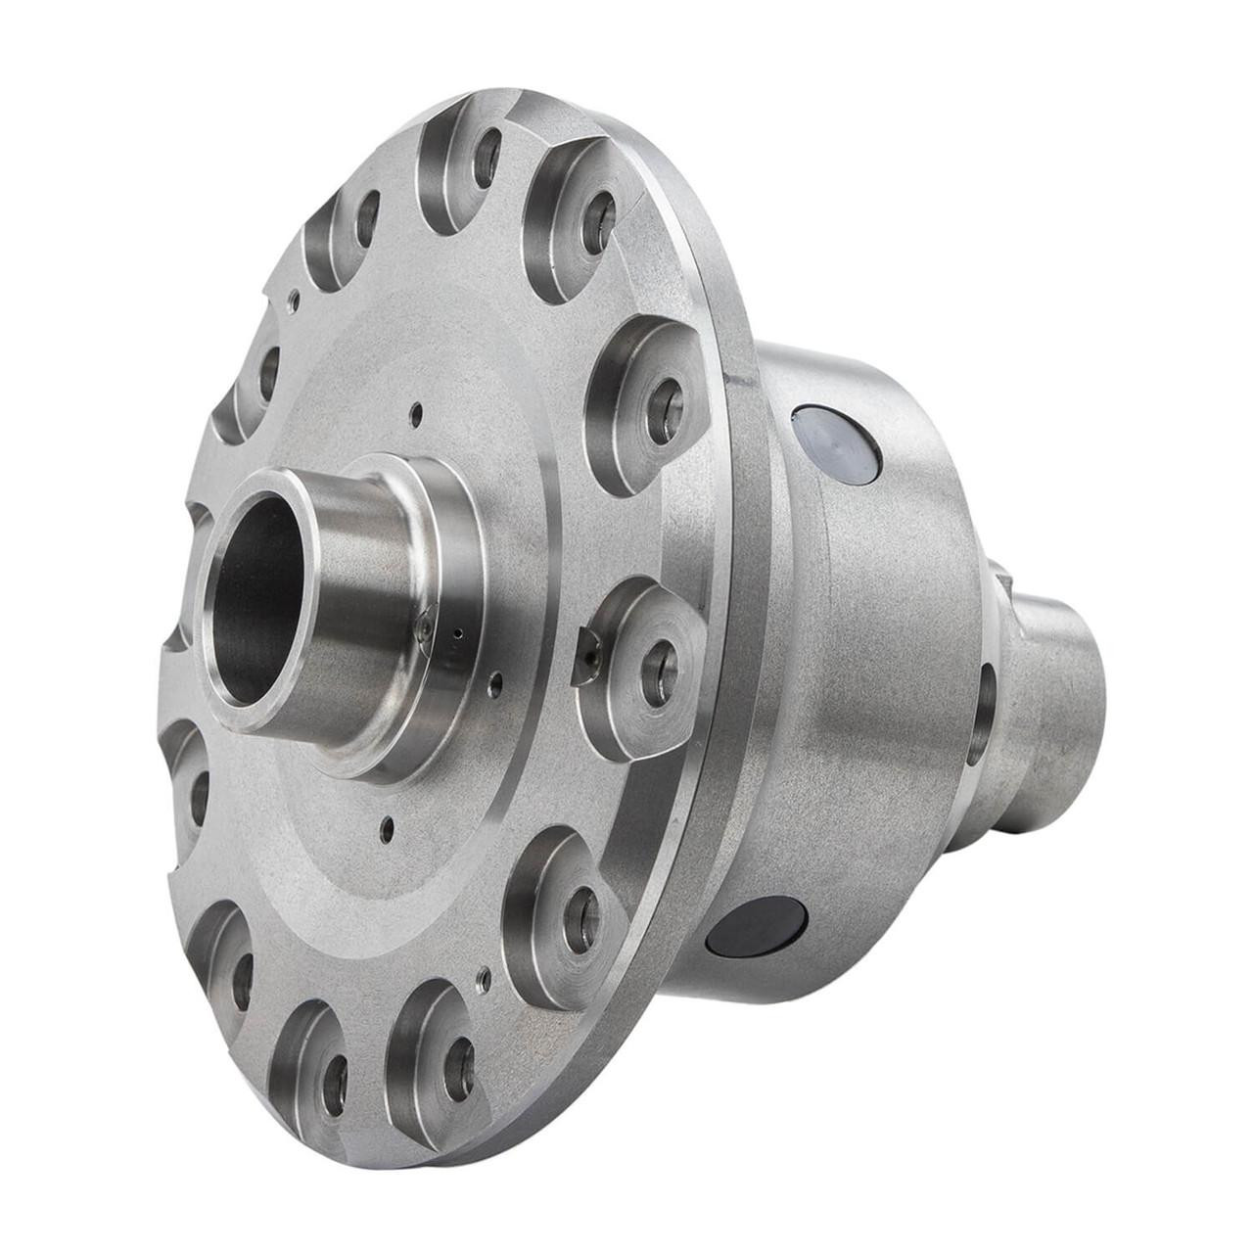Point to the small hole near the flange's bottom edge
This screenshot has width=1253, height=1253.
[x=483, y=976]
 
